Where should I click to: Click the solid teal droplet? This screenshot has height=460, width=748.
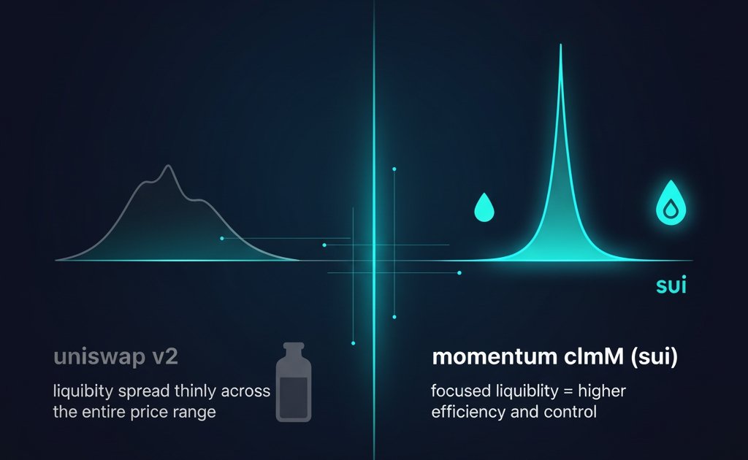pos(484,208)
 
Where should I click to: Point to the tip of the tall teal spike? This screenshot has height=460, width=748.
pos(561,47)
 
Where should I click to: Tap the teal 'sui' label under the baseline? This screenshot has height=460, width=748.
pos(671,285)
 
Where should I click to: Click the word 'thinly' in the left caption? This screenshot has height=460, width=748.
pos(194,391)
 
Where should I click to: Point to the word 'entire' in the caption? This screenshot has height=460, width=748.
pos(106,412)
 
